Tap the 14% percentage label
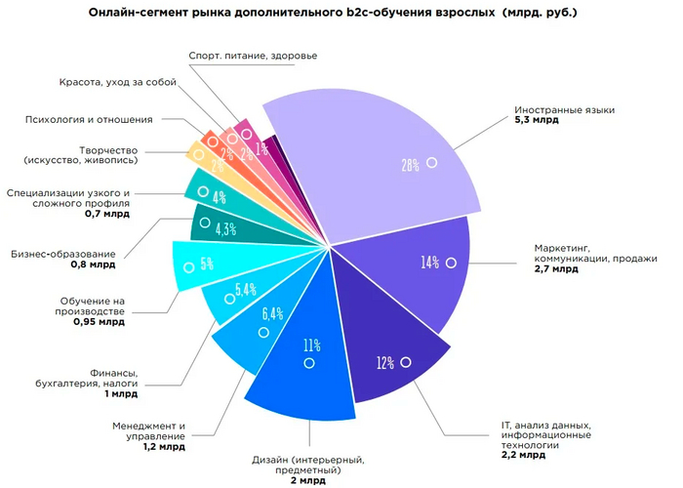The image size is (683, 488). click(430, 263)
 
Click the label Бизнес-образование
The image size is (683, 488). click(63, 254)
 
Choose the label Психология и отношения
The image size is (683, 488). click(89, 119)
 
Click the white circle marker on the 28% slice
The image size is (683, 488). click(430, 163)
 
